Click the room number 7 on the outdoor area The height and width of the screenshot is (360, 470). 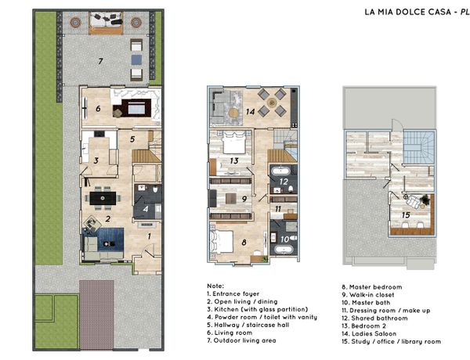101,61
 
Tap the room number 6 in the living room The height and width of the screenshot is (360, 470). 98,109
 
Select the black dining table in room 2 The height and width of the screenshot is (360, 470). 103,198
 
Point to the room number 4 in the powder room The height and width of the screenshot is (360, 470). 146,209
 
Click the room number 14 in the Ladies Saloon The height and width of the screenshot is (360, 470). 251,112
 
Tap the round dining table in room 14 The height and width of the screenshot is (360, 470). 272,103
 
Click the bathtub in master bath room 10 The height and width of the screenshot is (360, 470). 284,250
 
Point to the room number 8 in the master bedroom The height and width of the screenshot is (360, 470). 244,243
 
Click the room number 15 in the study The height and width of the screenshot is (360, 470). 406,215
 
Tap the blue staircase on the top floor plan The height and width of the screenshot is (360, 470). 418,147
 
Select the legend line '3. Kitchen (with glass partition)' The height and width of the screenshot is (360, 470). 258,309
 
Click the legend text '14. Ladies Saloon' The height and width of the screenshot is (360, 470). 369,333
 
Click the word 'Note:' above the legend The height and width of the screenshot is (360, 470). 215,286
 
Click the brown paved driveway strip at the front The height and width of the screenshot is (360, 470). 96,315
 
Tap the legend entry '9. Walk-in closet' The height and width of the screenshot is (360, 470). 368,295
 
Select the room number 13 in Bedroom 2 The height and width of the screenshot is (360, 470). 234,161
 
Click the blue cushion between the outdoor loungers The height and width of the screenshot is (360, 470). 136,60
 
